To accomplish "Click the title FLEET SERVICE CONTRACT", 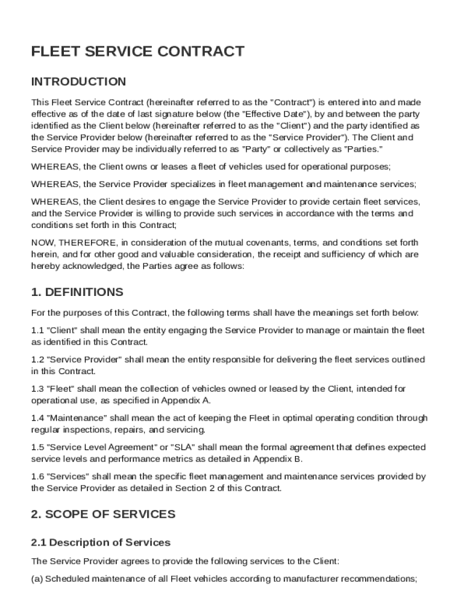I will coord(137,52).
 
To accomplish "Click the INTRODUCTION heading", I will coord(78,82).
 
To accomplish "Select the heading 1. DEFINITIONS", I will coord(77,292).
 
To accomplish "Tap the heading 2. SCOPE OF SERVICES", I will coord(103,514).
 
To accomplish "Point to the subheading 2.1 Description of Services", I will coord(101,543).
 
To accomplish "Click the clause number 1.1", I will coord(37,330).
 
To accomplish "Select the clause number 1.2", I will coord(37,360).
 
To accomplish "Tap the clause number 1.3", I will coord(37,389).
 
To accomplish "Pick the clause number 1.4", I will coord(37,418).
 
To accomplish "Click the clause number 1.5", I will coord(37,448).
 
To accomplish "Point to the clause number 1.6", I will coord(37,476).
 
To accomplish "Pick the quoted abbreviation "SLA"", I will coord(183,448).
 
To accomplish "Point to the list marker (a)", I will coord(37,579).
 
